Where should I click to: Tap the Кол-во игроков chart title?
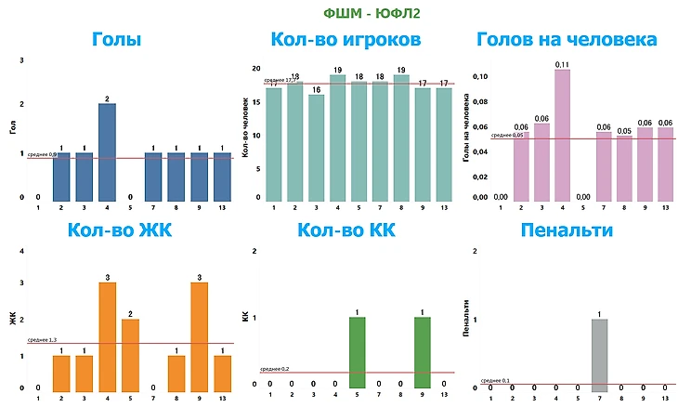click(346, 40)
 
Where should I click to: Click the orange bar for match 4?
click(107, 335)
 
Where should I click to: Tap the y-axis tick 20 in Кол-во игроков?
click(257, 69)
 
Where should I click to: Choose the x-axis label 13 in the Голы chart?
click(221, 208)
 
